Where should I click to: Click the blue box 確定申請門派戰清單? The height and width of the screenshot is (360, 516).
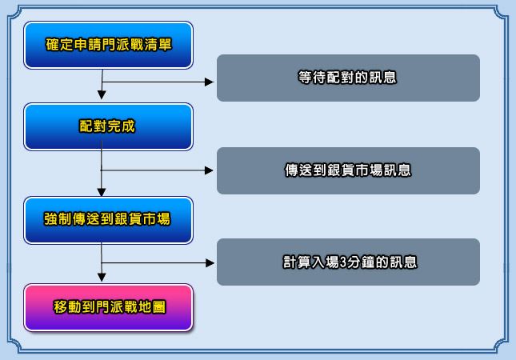[108, 45]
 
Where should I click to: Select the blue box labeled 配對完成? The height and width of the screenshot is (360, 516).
[108, 126]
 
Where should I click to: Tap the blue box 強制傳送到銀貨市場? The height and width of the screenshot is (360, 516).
[108, 220]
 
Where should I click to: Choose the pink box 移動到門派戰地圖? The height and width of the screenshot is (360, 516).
[108, 307]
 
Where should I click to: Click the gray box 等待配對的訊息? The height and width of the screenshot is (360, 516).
[348, 78]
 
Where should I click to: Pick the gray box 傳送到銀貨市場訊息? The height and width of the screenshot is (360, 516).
[348, 170]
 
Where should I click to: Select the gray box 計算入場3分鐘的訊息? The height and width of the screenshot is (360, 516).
[348, 262]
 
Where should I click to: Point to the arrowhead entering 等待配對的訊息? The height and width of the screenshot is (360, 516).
[210, 82]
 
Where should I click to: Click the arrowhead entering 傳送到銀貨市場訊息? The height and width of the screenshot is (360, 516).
[209, 170]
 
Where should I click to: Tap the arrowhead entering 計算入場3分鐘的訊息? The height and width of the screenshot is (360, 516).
[210, 263]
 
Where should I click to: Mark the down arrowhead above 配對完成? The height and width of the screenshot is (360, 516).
[102, 95]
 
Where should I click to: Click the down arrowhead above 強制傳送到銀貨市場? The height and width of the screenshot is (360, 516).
[102, 193]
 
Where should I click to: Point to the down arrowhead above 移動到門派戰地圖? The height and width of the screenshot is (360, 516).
[102, 278]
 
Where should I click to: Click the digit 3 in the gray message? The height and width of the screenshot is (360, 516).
[343, 262]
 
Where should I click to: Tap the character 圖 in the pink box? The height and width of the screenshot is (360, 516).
[159, 307]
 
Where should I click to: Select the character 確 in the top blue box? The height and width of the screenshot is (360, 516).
[52, 45]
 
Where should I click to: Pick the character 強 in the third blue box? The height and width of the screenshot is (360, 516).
[50, 219]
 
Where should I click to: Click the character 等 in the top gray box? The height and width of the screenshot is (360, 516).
[305, 78]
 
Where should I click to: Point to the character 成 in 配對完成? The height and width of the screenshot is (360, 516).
[128, 126]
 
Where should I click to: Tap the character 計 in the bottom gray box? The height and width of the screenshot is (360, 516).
[290, 262]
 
